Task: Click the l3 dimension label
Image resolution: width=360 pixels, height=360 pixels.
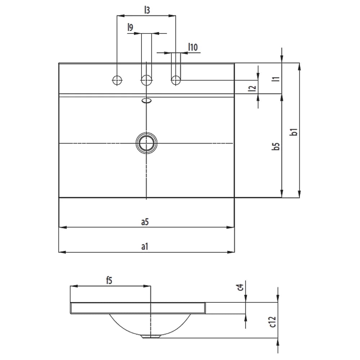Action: (x=147, y=10)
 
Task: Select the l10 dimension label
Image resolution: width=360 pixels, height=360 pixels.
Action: (x=193, y=47)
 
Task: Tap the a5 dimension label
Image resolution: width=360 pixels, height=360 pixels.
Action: (x=145, y=222)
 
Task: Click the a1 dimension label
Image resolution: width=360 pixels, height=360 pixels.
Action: (x=145, y=247)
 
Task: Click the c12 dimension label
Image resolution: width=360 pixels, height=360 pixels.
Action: (x=273, y=321)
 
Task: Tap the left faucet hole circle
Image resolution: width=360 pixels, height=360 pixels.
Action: (x=117, y=80)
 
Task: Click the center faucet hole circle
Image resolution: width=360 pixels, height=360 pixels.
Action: (x=146, y=80)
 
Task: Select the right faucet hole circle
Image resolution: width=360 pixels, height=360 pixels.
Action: (x=175, y=80)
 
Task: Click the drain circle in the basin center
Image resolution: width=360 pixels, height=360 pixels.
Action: (x=146, y=143)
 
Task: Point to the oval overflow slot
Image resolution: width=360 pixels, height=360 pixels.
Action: (x=147, y=101)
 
